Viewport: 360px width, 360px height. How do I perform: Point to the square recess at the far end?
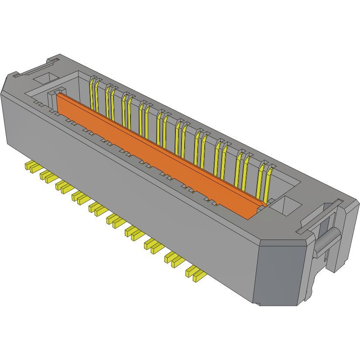tap(45, 78)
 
